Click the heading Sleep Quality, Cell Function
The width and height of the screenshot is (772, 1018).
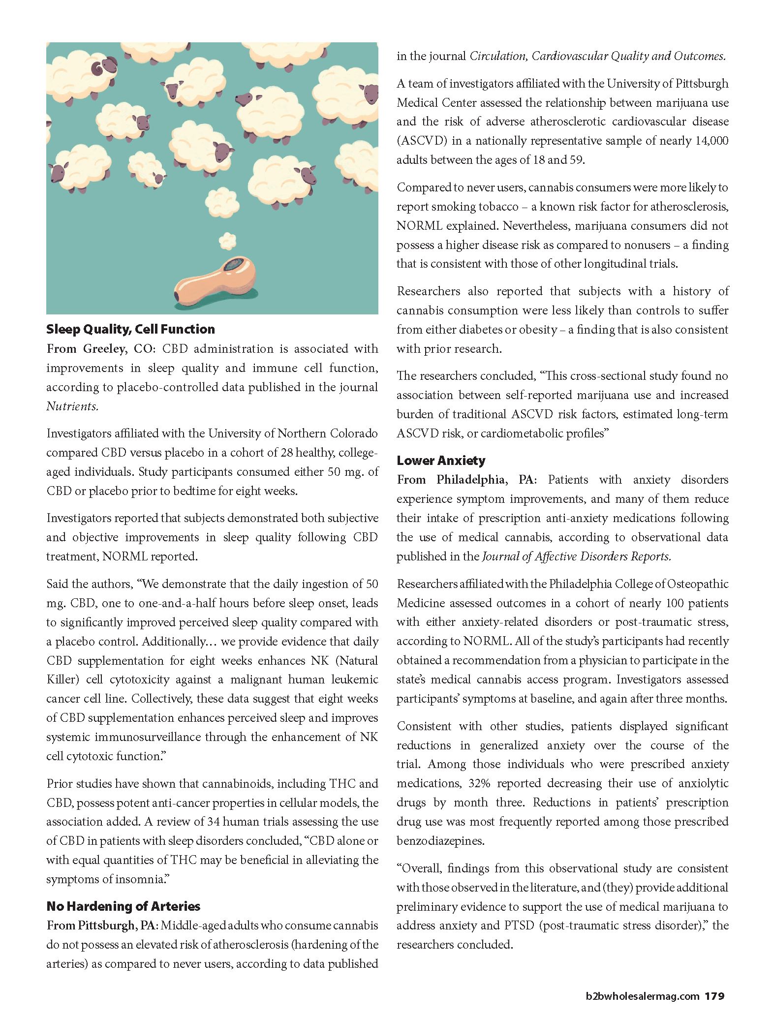coord(130,329)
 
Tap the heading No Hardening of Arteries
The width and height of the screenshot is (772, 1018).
coord(123,906)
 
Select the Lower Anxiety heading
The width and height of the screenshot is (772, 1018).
coord(441,461)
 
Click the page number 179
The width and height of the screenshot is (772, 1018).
coord(714,996)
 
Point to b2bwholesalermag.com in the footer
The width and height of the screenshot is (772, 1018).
coord(643,996)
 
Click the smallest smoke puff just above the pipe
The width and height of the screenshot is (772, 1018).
coord(227,241)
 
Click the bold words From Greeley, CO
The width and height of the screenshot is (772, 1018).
coord(100,349)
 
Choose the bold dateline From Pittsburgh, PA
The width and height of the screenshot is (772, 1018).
coord(101,925)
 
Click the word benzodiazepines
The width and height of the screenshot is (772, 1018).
coord(440,841)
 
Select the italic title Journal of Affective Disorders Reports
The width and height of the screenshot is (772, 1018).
coord(576,556)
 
